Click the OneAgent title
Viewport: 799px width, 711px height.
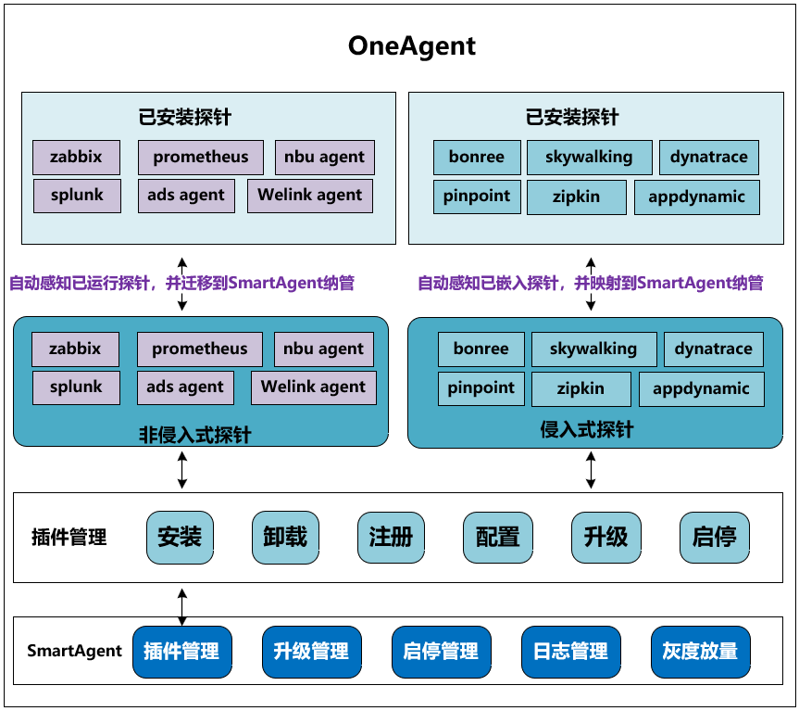pos(412,46)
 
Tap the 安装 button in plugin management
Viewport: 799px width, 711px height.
pos(180,538)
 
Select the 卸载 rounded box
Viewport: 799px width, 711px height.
pos(285,538)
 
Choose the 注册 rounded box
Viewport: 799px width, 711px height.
pos(391,538)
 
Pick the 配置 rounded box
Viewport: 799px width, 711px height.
pos(498,538)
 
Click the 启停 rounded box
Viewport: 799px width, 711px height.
pos(715,538)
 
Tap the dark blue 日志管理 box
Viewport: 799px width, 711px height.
pos(570,652)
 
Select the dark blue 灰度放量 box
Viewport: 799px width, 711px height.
pos(701,652)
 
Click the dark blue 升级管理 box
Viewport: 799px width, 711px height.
pos(311,652)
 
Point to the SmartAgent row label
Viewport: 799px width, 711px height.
pos(74,651)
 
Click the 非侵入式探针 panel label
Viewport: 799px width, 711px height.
pos(195,435)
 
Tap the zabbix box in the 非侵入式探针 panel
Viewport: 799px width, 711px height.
pos(75,349)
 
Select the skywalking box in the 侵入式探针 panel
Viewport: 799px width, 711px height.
pos(594,349)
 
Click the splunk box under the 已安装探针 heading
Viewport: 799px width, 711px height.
pos(77,196)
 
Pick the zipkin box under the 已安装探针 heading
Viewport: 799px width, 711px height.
pos(576,197)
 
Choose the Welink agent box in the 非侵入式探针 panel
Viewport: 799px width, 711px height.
pos(314,387)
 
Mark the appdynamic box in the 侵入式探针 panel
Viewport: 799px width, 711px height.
pos(702,389)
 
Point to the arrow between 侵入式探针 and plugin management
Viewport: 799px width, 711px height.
pos(591,470)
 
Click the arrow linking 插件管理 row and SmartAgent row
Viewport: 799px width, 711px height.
pos(181,607)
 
